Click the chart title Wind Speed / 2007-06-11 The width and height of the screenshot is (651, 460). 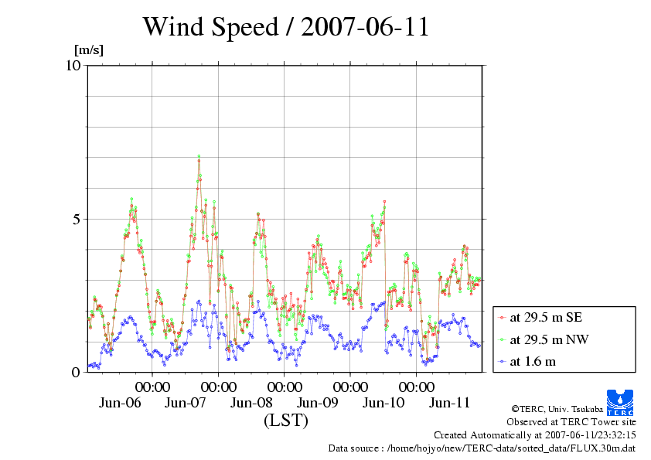286,27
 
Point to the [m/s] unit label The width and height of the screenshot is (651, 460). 88,50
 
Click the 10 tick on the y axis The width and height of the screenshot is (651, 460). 73,65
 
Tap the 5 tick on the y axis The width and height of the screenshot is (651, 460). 76,219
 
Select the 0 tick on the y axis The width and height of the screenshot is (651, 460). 76,372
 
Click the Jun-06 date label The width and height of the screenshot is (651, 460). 121,403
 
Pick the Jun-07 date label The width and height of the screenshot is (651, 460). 186,403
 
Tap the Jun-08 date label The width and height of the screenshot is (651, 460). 252,403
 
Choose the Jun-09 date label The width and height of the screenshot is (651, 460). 318,403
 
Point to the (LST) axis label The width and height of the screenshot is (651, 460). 285,421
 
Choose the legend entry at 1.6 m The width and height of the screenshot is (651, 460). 533,360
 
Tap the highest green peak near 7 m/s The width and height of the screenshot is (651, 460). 199,156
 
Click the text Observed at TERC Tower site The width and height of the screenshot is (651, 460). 571,422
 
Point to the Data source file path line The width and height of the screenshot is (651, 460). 482,448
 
